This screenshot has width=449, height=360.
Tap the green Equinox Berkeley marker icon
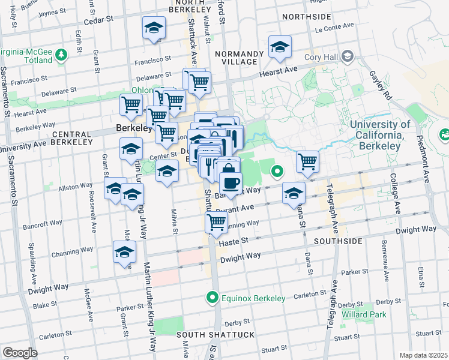[212, 297]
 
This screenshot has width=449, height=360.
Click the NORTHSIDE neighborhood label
[306, 16]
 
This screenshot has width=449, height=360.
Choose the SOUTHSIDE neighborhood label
[334, 241]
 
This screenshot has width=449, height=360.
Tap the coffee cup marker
[230, 181]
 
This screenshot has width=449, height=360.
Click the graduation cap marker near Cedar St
[154, 28]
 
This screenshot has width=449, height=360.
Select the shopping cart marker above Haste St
[216, 221]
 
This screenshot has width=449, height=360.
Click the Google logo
[20, 352]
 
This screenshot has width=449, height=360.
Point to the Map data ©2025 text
[423, 355]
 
